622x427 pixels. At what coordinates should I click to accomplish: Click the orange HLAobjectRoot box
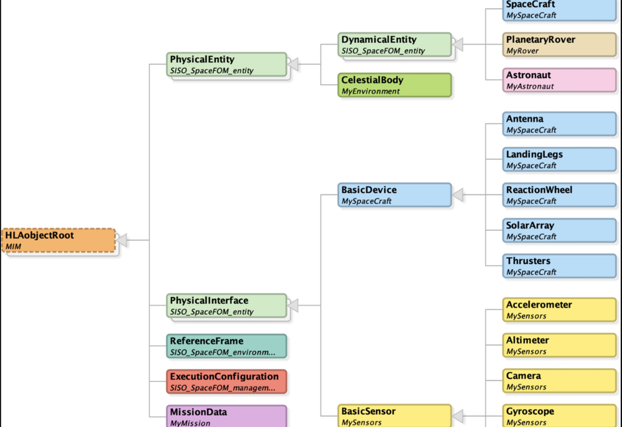pyautogui.click(x=58, y=240)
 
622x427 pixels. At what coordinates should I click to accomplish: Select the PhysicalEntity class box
pyautogui.click(x=227, y=65)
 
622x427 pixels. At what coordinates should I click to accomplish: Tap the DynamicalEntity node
pyautogui.click(x=395, y=45)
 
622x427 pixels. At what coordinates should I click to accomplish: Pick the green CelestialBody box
pyautogui.click(x=395, y=85)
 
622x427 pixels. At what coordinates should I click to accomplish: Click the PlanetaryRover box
pyautogui.click(x=559, y=45)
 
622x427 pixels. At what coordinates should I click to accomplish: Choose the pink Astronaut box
pyautogui.click(x=559, y=80)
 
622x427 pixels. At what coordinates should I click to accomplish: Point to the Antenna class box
pyautogui.click(x=559, y=124)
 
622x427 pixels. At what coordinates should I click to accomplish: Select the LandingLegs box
pyautogui.click(x=559, y=159)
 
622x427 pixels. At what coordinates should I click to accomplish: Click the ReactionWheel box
pyautogui.click(x=559, y=195)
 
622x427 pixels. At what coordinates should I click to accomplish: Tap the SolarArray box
pyautogui.click(x=559, y=230)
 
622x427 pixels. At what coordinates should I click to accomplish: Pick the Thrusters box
pyautogui.click(x=559, y=266)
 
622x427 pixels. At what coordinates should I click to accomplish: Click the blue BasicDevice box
pyautogui.click(x=395, y=195)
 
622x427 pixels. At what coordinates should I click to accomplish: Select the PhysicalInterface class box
pyautogui.click(x=227, y=306)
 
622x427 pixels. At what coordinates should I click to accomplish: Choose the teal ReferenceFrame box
pyautogui.click(x=227, y=346)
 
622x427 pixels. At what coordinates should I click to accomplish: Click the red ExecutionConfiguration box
pyautogui.click(x=227, y=382)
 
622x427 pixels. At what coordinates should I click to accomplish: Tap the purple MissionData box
pyautogui.click(x=227, y=416)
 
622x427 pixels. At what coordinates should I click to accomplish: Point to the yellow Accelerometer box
pyautogui.click(x=559, y=310)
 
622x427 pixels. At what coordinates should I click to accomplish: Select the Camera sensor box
pyautogui.click(x=559, y=381)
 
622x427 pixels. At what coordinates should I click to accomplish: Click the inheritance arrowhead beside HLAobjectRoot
pyautogui.click(x=123, y=240)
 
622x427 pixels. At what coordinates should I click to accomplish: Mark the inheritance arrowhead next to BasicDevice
pyautogui.click(x=458, y=195)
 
